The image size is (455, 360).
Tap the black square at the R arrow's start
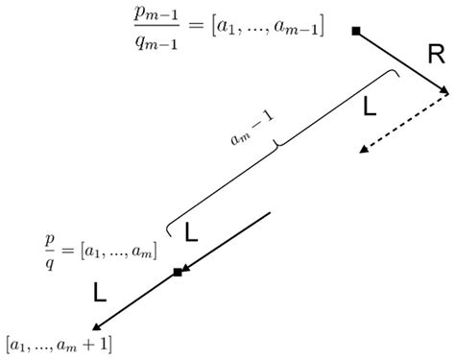pyautogui.click(x=355, y=32)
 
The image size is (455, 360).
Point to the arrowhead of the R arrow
pyautogui.click(x=445, y=92)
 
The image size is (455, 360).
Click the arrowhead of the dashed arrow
pyautogui.click(x=362, y=150)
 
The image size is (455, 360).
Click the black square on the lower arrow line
pyautogui.click(x=178, y=273)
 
